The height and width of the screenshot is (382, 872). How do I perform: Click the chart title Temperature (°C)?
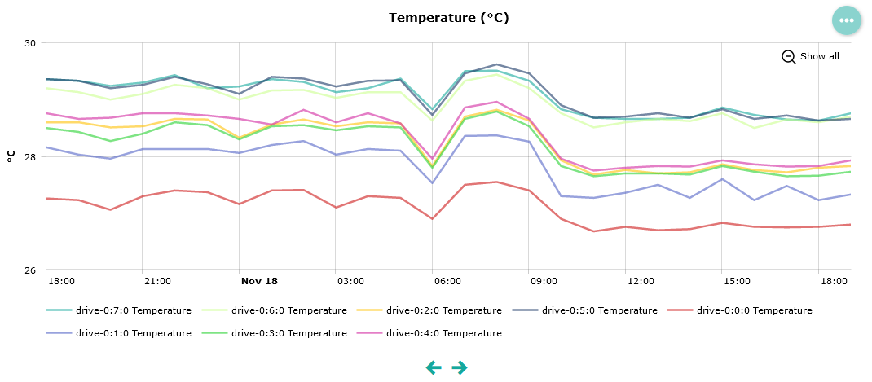pyautogui.click(x=448, y=18)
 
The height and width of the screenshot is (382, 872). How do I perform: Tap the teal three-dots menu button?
pyautogui.click(x=846, y=20)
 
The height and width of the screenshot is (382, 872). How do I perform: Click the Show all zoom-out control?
pyautogui.click(x=810, y=56)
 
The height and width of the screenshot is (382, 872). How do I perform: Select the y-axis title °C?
pyautogui.click(x=11, y=156)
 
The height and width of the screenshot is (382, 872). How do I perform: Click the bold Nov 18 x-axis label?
pyautogui.click(x=259, y=281)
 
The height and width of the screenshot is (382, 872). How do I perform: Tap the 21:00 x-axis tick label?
pyautogui.click(x=157, y=281)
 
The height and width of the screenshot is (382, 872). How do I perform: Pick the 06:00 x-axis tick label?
pyautogui.click(x=447, y=281)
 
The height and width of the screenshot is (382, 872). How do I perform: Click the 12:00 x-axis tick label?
pyautogui.click(x=641, y=281)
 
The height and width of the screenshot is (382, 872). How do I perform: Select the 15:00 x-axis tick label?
pyautogui.click(x=736, y=281)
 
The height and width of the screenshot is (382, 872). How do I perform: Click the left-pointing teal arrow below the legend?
pyautogui.click(x=434, y=367)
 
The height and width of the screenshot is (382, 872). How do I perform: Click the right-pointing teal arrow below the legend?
pyautogui.click(x=460, y=367)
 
